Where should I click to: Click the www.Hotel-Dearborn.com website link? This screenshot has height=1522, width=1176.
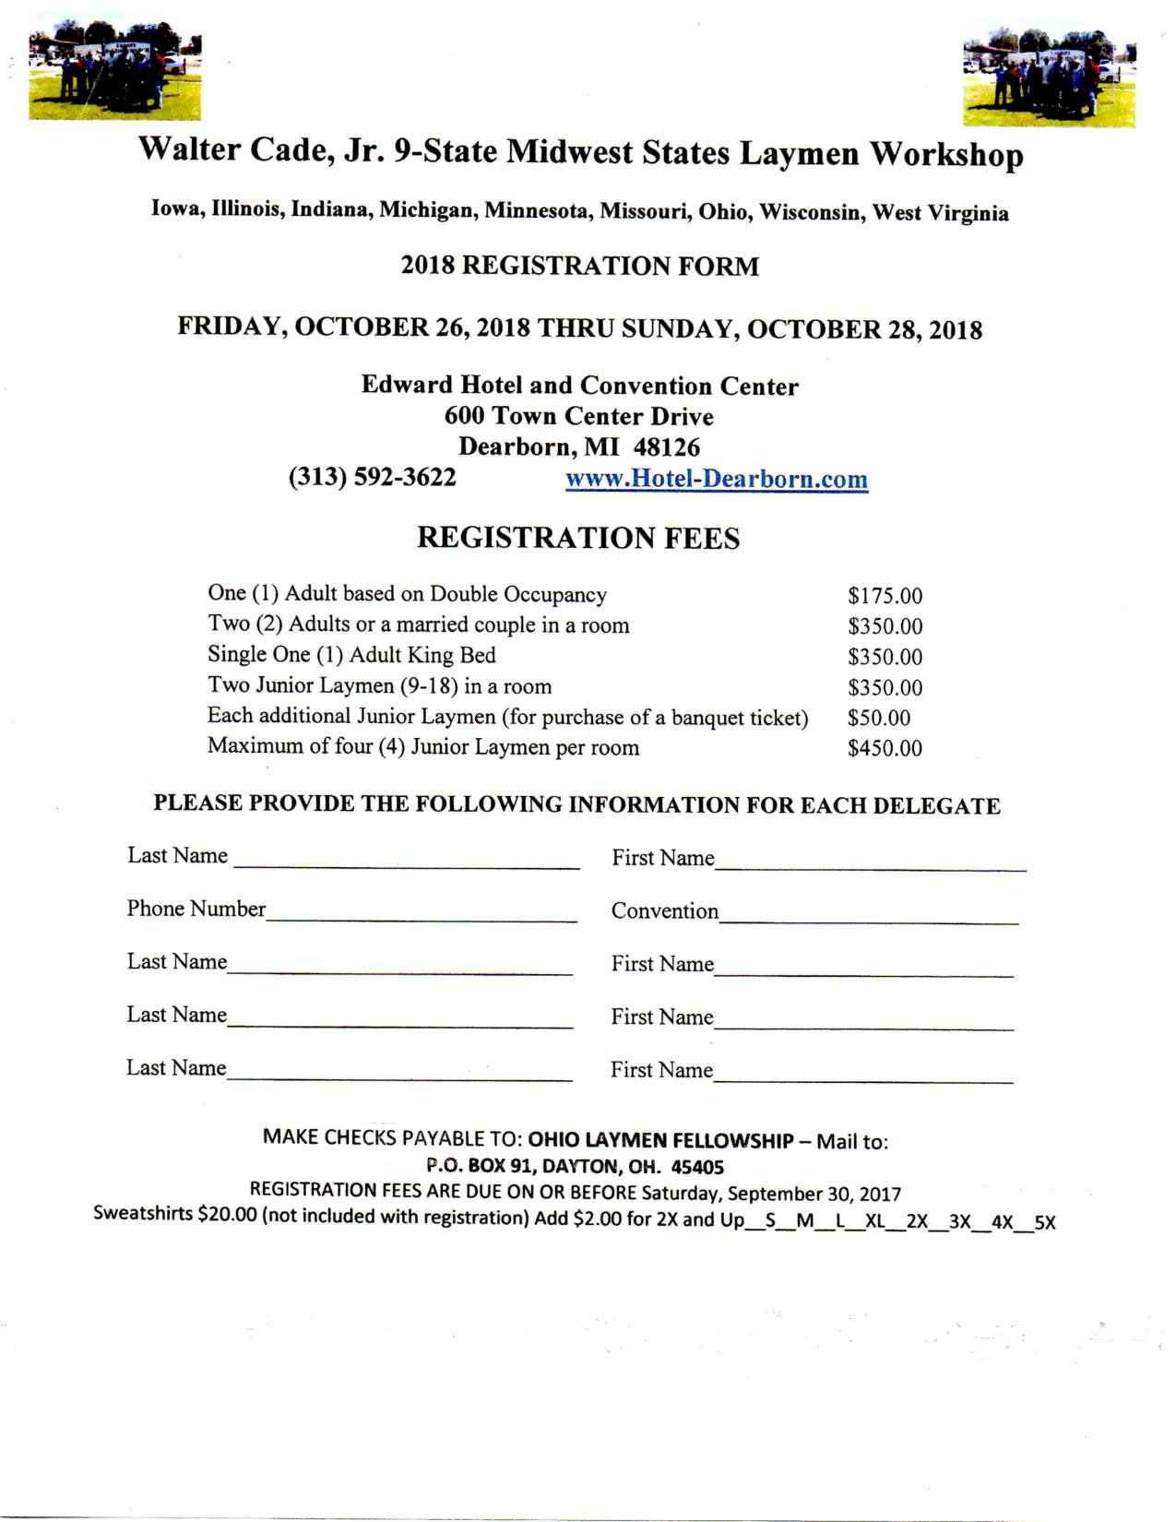point(716,480)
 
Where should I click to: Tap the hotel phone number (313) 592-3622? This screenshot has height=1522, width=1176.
point(372,477)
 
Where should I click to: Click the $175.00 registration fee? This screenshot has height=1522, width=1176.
point(885,596)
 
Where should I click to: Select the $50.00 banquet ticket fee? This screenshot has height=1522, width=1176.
point(878,718)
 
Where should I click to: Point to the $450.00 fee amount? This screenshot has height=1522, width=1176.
point(885,748)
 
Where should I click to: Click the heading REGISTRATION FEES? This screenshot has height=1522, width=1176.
point(578,538)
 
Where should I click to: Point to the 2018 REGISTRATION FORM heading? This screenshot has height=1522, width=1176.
point(579,266)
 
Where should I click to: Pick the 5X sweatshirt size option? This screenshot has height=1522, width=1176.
point(1044,1223)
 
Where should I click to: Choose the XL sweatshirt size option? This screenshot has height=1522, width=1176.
point(875,1222)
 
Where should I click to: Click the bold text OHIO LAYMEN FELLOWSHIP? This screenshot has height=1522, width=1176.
point(660,1141)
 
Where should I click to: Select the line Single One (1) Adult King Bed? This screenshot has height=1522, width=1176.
point(351,655)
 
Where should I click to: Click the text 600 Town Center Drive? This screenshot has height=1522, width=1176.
point(578,416)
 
